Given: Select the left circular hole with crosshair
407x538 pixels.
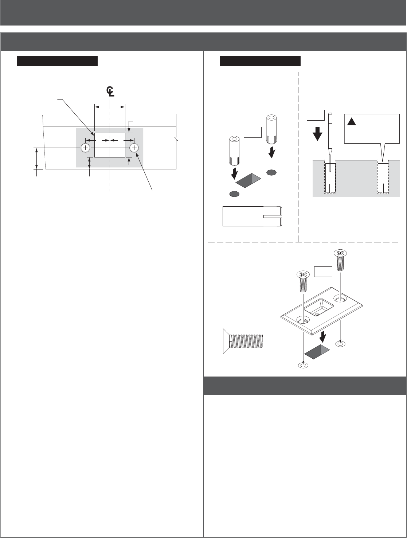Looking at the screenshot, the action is tap(85, 148).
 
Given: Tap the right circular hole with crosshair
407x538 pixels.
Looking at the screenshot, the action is tap(134, 148).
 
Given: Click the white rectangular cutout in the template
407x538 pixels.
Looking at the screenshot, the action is tap(110, 145).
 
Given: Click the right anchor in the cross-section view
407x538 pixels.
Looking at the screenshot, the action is tap(383, 178).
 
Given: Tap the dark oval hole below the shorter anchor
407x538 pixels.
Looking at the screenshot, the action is tap(234, 194).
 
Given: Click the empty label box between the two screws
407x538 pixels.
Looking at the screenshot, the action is tap(323, 272).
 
